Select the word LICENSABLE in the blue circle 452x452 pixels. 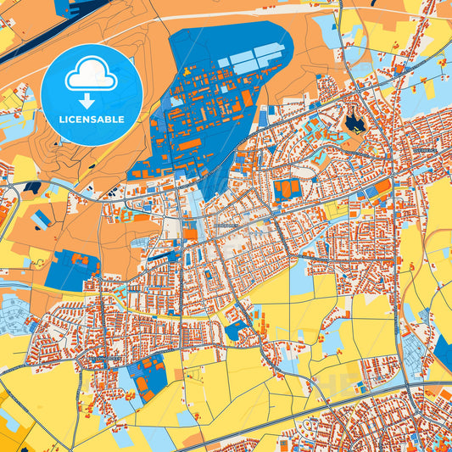[91, 119]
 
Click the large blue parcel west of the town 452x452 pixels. [71, 269]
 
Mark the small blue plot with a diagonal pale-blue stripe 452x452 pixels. [40, 220]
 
